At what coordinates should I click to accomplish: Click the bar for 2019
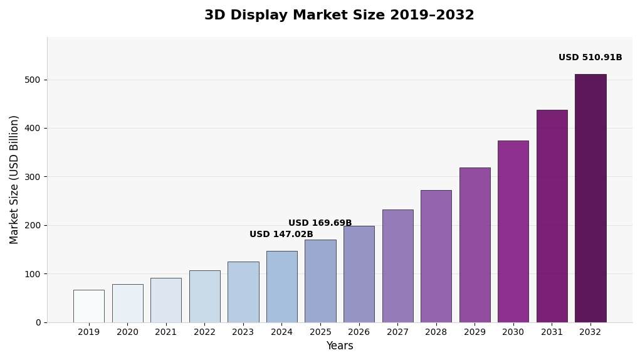pyautogui.click(x=88, y=306)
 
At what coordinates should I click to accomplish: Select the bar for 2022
pyautogui.click(x=204, y=296)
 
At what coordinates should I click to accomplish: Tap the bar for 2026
pyautogui.click(x=359, y=274)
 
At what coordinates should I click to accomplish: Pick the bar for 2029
pyautogui.click(x=475, y=245)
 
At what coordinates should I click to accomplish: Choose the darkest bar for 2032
pyautogui.click(x=590, y=198)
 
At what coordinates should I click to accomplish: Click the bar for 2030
pyautogui.click(x=513, y=231)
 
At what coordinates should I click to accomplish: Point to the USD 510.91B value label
pyautogui.click(x=590, y=58)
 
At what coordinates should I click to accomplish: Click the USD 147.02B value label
pyautogui.click(x=281, y=235)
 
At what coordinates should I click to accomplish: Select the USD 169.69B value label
pyautogui.click(x=320, y=223)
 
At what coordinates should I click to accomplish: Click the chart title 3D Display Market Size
pyautogui.click(x=339, y=16)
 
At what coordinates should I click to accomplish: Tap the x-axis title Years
pyautogui.click(x=339, y=346)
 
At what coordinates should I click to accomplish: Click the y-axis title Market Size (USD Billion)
pyautogui.click(x=14, y=179)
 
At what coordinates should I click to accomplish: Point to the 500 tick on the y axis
pyautogui.click(x=33, y=80)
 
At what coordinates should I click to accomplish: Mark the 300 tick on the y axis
pyautogui.click(x=33, y=177)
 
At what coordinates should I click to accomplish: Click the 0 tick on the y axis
pyautogui.click(x=38, y=322)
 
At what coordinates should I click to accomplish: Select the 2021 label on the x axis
pyautogui.click(x=165, y=332)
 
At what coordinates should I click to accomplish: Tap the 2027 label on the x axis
pyautogui.click(x=397, y=332)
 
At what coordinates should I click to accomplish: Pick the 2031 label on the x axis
pyautogui.click(x=552, y=332)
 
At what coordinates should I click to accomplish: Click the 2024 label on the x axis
pyautogui.click(x=281, y=332)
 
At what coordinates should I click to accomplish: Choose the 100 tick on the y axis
pyautogui.click(x=33, y=274)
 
